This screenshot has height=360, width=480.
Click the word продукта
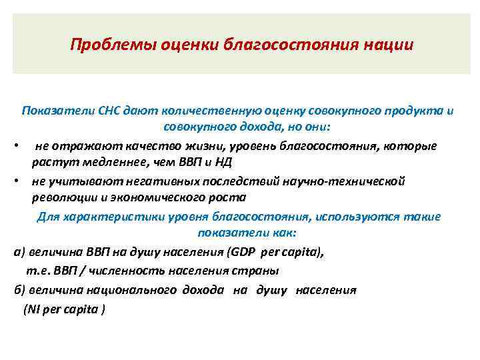415,111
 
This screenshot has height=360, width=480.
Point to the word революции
62,198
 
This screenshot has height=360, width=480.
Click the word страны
261,271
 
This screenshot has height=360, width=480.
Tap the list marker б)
19,290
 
